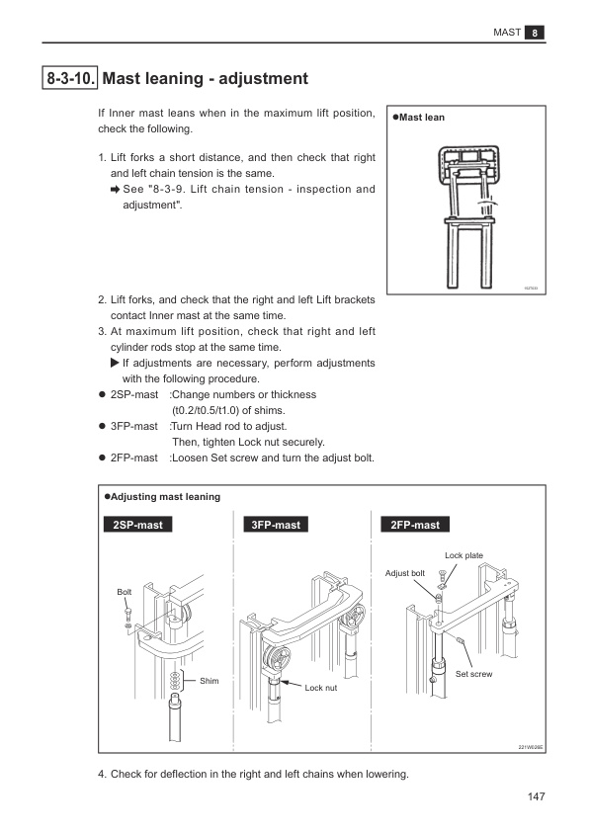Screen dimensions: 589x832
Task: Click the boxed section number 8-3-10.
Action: (x=69, y=78)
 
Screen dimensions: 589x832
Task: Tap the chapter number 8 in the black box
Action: (x=535, y=33)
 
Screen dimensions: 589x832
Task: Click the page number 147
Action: (x=537, y=796)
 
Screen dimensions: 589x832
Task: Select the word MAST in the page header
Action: (x=507, y=33)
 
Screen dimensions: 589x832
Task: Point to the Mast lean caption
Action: (x=419, y=118)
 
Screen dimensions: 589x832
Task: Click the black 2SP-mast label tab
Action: (x=138, y=525)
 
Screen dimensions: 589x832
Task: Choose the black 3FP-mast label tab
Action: (x=276, y=525)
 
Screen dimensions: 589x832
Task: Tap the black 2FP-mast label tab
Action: (x=415, y=525)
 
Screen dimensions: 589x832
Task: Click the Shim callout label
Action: (x=210, y=681)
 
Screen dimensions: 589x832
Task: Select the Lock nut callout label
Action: (x=320, y=688)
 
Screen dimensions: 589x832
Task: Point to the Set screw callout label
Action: (x=473, y=674)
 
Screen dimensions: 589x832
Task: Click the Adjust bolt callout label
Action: (x=405, y=573)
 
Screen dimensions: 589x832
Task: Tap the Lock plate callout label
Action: (x=463, y=555)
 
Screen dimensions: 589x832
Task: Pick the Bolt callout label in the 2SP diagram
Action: (x=125, y=592)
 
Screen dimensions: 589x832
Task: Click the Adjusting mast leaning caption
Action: (x=162, y=497)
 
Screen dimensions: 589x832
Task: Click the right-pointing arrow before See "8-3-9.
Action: (x=116, y=190)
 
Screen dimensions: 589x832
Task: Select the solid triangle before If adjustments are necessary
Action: (x=115, y=363)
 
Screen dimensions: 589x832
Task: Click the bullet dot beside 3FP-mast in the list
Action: (x=103, y=427)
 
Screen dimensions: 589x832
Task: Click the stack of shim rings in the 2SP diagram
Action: (x=175, y=681)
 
